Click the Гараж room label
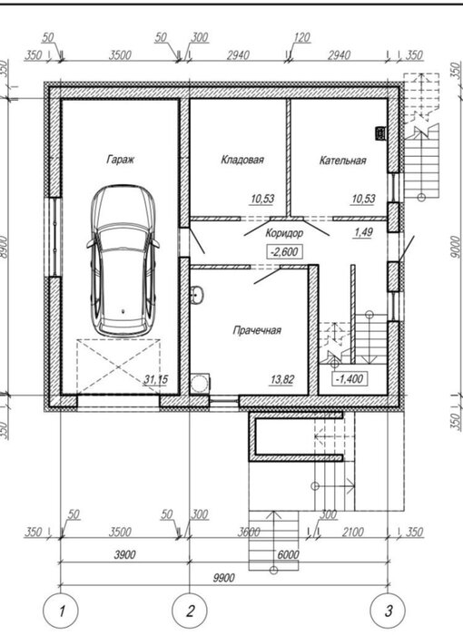click(x=121, y=159)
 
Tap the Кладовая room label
click(x=242, y=160)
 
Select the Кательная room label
click(x=342, y=161)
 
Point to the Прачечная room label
click(x=257, y=330)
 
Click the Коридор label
click(x=284, y=233)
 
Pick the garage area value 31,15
click(x=155, y=380)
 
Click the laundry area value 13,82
click(x=282, y=380)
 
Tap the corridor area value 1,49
click(x=363, y=232)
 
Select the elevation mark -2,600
click(x=285, y=252)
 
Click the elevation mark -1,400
click(x=350, y=379)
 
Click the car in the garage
click(x=123, y=261)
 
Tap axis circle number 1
click(x=61, y=611)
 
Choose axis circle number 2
click(x=190, y=611)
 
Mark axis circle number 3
click(x=389, y=611)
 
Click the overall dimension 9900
click(x=223, y=578)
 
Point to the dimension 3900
click(x=124, y=554)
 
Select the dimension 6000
click(x=289, y=554)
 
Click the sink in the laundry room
click(x=197, y=294)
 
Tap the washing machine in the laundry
click(x=200, y=383)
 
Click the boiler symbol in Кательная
click(x=380, y=132)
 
